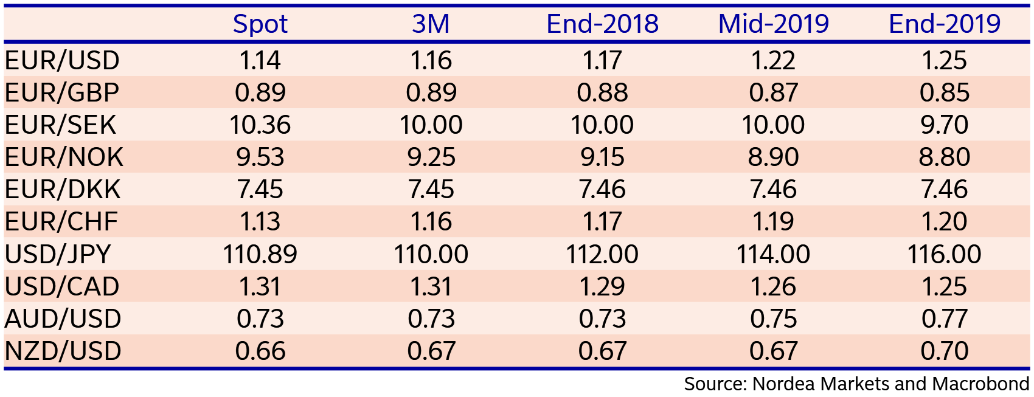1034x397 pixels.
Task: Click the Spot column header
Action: point(260,24)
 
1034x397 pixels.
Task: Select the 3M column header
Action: point(431,24)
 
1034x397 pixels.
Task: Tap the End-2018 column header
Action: point(602,24)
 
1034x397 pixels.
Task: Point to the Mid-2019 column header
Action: point(773,24)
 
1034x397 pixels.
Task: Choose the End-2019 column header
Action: point(944,24)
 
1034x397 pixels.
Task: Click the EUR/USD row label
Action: point(62,60)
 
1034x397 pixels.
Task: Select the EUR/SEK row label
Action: point(60,125)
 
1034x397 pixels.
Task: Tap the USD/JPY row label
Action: point(58,254)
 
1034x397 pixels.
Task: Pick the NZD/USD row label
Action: point(63,351)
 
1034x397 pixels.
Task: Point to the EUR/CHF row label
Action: point(61,221)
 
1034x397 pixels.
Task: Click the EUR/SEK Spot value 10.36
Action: point(260,125)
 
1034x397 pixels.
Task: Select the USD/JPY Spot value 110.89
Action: point(260,254)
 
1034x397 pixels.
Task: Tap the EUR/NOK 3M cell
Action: point(431,157)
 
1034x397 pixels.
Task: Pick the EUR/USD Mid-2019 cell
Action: point(773,60)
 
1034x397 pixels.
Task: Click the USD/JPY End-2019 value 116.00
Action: point(944,254)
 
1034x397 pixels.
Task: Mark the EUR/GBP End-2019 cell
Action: point(944,92)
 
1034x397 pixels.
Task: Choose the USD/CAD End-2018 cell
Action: point(602,286)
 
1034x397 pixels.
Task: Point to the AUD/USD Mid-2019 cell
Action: point(773,319)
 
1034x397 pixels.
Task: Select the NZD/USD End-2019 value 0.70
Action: point(944,351)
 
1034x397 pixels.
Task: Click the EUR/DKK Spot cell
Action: point(260,189)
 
